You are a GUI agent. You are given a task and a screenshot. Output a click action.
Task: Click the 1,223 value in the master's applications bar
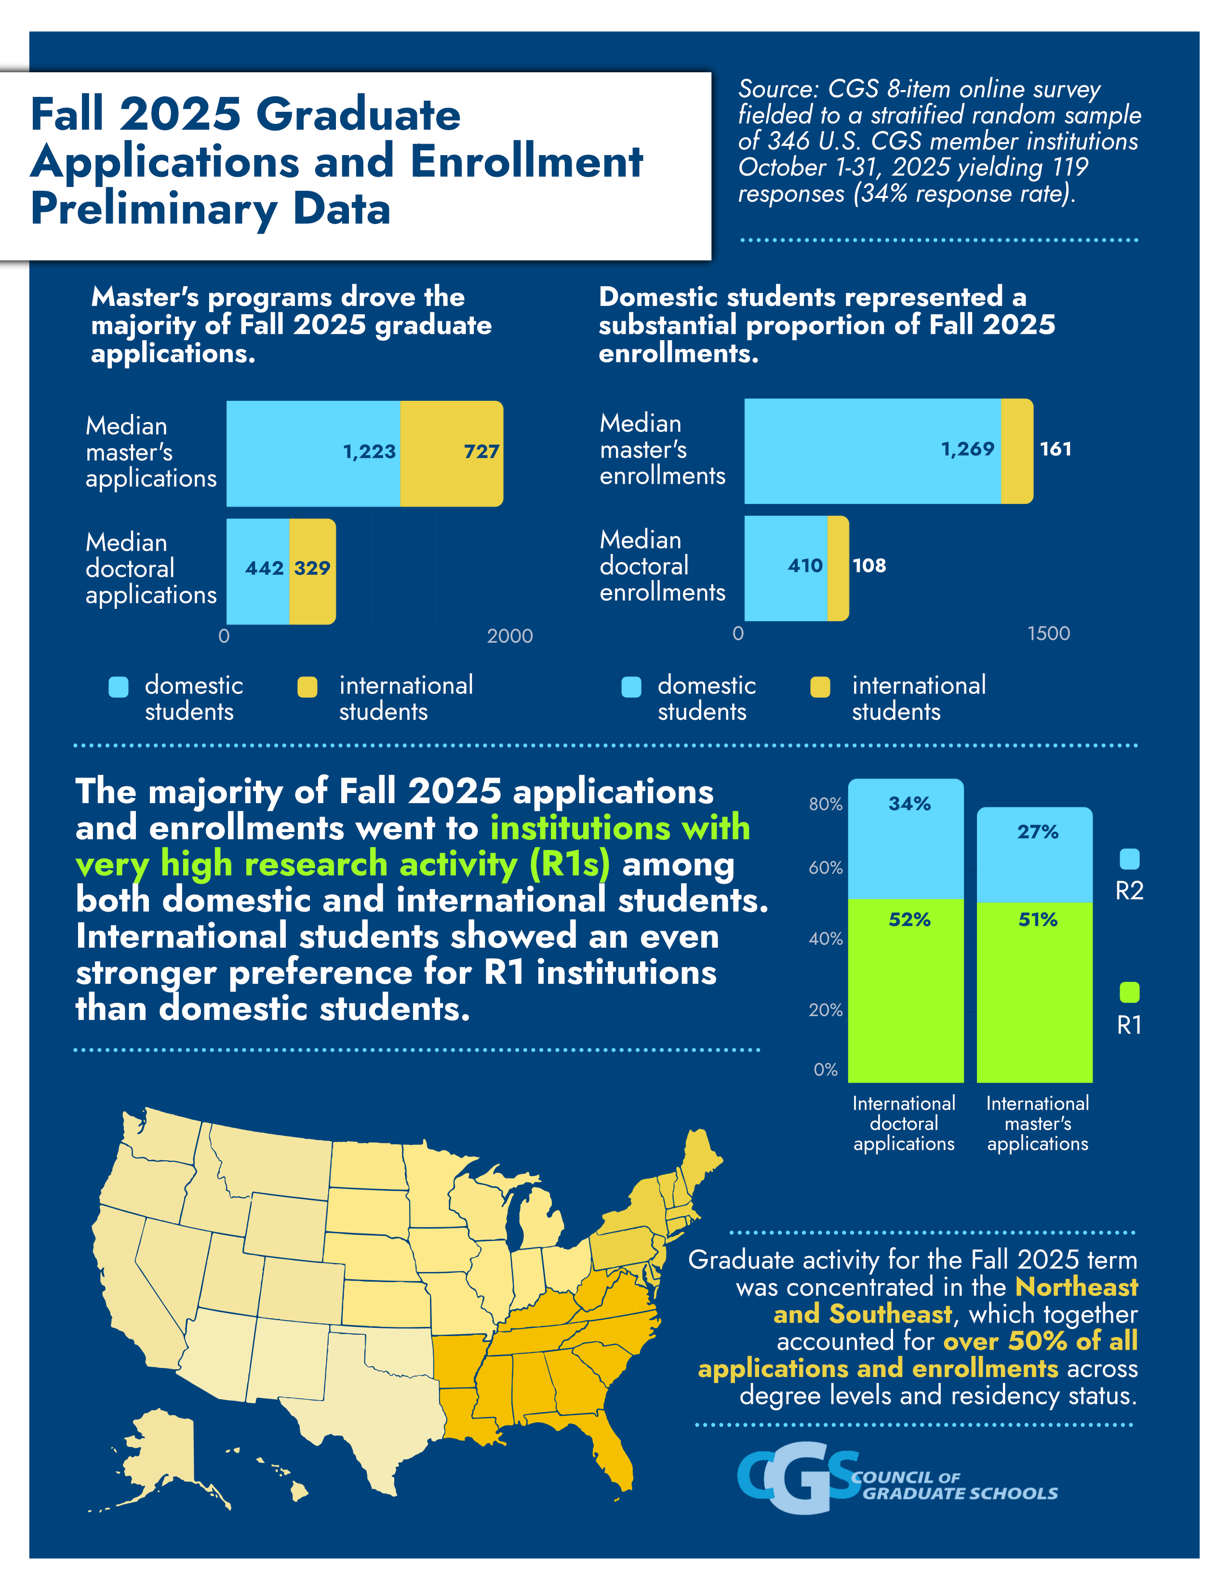(x=369, y=451)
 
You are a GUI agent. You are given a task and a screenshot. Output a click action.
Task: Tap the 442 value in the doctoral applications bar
(x=264, y=568)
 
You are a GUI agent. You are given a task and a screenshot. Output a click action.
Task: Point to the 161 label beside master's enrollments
(x=1055, y=449)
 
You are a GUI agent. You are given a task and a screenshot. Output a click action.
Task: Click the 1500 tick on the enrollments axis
(x=1048, y=634)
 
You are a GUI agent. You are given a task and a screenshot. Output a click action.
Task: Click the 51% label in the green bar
(x=1038, y=919)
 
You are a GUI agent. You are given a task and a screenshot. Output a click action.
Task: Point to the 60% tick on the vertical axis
(x=826, y=868)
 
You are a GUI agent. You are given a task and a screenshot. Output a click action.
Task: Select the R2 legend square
(x=1129, y=859)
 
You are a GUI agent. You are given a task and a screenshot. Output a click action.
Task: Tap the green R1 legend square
(x=1129, y=992)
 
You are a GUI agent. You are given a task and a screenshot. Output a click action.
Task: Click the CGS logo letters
(x=797, y=1478)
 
